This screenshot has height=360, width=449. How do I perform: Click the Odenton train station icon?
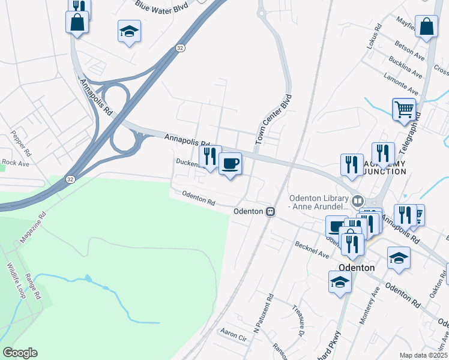pyautogui.click(x=271, y=211)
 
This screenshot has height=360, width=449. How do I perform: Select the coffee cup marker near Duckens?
pyautogui.click(x=230, y=163)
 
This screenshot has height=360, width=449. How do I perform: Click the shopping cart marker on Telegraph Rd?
pyautogui.click(x=405, y=109)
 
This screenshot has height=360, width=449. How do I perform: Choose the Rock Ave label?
pyautogui.click(x=15, y=163)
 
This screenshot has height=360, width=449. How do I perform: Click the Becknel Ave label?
pyautogui.click(x=311, y=250)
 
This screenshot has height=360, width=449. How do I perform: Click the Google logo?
pyautogui.click(x=20, y=353)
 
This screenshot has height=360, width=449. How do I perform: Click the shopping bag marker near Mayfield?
pyautogui.click(x=426, y=27)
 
